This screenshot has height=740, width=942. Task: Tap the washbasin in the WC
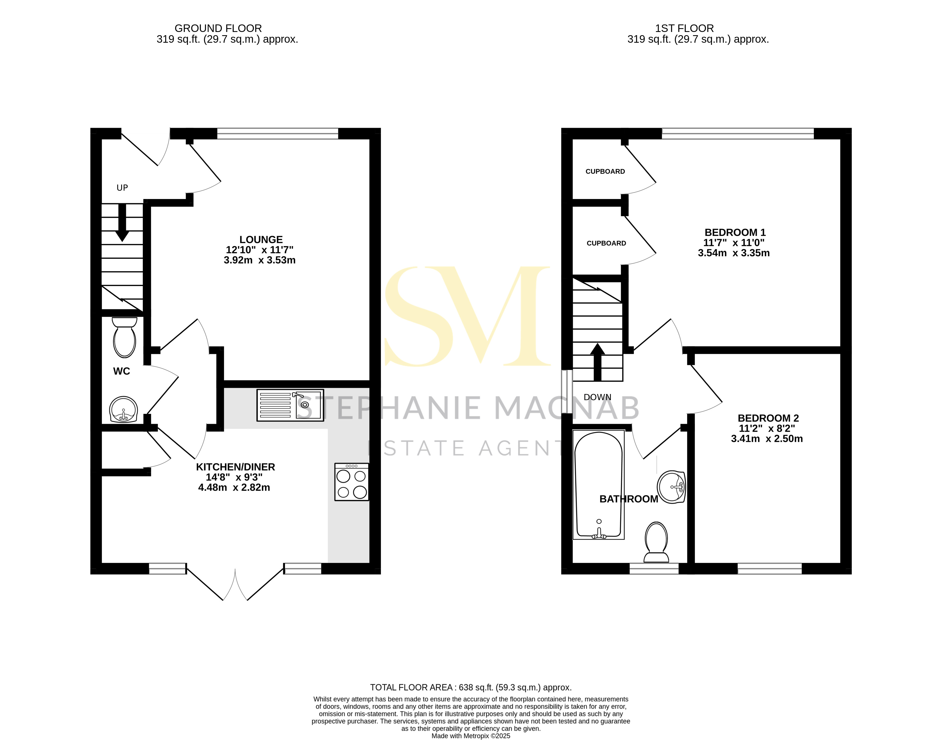[x=124, y=409]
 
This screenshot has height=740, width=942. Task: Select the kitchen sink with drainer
[x=290, y=405]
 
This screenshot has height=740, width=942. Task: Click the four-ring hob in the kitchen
[x=351, y=482]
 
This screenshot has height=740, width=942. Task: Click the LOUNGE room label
[x=261, y=240]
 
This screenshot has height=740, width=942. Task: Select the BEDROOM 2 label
[x=768, y=418]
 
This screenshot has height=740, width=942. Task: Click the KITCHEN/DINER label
[x=235, y=467]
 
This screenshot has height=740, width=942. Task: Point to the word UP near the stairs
[x=122, y=187]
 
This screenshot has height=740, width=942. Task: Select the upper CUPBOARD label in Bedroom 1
[x=605, y=172]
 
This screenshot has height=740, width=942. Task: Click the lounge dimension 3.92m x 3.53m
[x=259, y=260]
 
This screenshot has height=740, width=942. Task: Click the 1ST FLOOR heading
[x=684, y=28]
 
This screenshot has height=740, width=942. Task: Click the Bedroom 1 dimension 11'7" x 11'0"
[x=734, y=243]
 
